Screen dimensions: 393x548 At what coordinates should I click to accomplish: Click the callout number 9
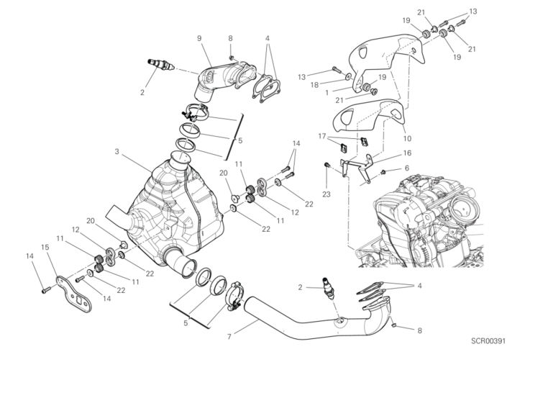198,37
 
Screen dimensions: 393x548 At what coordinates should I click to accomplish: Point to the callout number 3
116,152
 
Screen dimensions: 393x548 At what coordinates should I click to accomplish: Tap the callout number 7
229,335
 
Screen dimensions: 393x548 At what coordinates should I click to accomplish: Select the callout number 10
407,137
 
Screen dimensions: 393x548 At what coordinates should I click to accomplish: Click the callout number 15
45,248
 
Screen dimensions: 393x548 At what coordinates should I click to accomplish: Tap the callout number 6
406,168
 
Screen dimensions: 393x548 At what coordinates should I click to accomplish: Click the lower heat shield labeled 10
374,119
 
